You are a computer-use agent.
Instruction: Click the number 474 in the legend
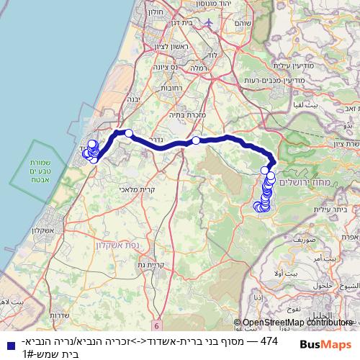click(269, 340)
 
